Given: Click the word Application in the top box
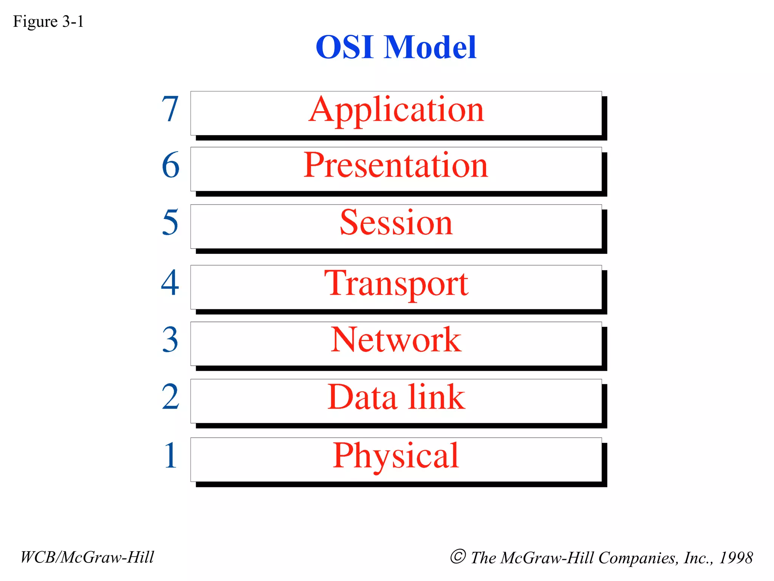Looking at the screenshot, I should click(x=396, y=110).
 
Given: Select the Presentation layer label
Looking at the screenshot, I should click(x=396, y=166).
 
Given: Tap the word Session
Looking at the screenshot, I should click(x=396, y=223).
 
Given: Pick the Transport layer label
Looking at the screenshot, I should click(x=396, y=284).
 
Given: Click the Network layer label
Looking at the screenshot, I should click(x=396, y=340).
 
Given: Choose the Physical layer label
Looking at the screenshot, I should click(x=396, y=456).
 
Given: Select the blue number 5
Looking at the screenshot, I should click(x=170, y=223).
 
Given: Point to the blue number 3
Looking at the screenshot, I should click(x=170, y=340).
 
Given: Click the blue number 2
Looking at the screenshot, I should click(x=170, y=397).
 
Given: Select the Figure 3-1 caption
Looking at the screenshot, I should click(x=48, y=22).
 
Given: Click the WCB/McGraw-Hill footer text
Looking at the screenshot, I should click(x=87, y=557).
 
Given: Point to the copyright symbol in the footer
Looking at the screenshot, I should click(x=458, y=556).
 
